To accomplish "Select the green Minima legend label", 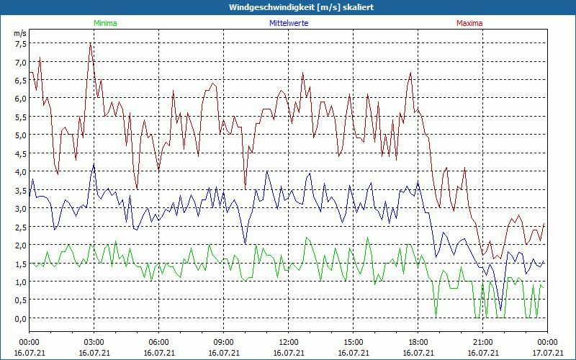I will tap(104, 23).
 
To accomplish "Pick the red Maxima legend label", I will tap(469, 23).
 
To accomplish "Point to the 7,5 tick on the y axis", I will tap(20, 43).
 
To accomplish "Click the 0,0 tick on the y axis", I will tap(20, 318).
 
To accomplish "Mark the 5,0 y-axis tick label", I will tap(20, 135).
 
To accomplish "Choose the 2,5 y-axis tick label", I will tap(20, 227).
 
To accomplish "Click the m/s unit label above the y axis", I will tap(20, 33).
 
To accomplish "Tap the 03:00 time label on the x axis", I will tap(94, 342).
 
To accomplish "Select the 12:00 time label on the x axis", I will tap(288, 342).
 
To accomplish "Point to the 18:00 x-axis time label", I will tap(418, 342).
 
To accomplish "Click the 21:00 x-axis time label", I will tap(482, 342).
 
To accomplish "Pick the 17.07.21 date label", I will tap(547, 353).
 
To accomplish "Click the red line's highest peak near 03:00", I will tap(90, 44).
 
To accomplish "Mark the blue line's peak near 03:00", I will tap(94, 164).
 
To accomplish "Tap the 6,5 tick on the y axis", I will tap(20, 80).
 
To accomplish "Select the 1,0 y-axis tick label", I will tap(20, 282).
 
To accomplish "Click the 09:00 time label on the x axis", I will tap(223, 342).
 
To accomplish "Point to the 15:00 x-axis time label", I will tap(353, 342).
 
